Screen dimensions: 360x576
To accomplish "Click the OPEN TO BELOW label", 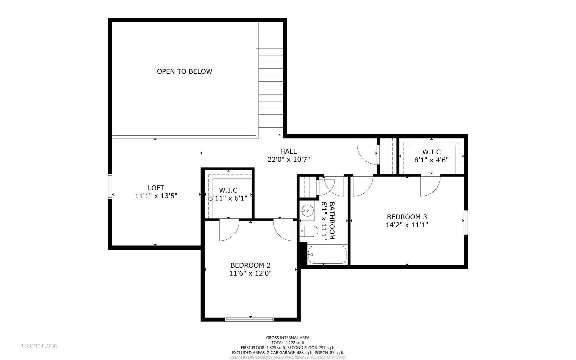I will (x=184, y=71).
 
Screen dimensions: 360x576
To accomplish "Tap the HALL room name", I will (x=288, y=152).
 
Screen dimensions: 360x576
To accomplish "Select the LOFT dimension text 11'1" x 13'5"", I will (x=156, y=196).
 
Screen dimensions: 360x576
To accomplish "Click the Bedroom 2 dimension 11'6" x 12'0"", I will (x=251, y=274).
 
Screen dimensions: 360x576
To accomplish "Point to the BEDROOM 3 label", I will (x=407, y=217).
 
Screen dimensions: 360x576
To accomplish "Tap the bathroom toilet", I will (x=309, y=231).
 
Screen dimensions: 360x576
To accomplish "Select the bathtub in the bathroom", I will (x=327, y=255).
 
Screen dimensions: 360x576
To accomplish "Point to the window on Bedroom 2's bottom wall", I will (x=249, y=319).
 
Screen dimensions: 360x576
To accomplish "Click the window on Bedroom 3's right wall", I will (x=466, y=223).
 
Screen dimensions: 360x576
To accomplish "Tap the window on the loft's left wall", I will (x=110, y=187).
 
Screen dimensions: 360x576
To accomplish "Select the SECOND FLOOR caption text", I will (x=39, y=346).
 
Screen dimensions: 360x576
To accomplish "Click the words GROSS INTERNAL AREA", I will (x=288, y=338).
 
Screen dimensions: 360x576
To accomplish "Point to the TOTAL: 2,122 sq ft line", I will (x=288, y=343).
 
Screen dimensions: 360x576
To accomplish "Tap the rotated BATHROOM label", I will (x=332, y=220).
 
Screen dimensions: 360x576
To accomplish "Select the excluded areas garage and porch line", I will (x=288, y=353).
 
